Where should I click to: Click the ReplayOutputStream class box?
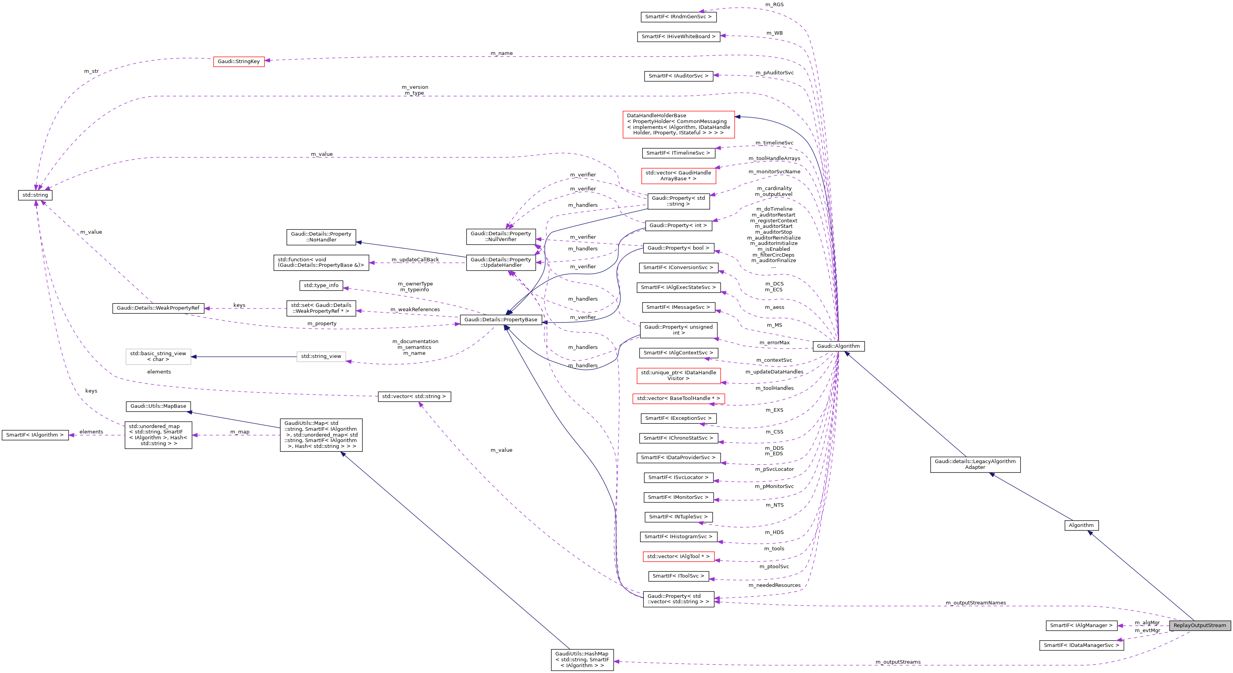[1199, 625]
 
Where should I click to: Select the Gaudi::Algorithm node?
[838, 346]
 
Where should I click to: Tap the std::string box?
[35, 195]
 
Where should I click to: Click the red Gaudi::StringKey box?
[238, 61]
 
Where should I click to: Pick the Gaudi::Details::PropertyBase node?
[501, 319]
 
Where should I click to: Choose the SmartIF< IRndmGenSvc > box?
[678, 17]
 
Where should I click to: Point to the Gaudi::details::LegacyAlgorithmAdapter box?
[975, 464]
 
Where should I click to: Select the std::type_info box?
[321, 285]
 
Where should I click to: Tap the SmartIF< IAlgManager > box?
[1081, 625]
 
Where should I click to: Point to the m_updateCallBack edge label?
[415, 260]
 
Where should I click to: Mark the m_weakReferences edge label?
[415, 310]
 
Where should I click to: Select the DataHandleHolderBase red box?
[678, 124]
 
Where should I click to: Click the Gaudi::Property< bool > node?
[678, 248]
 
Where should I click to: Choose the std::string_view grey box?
[321, 356]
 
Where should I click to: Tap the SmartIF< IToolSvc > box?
[678, 576]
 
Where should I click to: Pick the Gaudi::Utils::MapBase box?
[158, 406]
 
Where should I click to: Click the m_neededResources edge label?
[774, 585]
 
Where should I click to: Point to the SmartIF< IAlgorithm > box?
[35, 435]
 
